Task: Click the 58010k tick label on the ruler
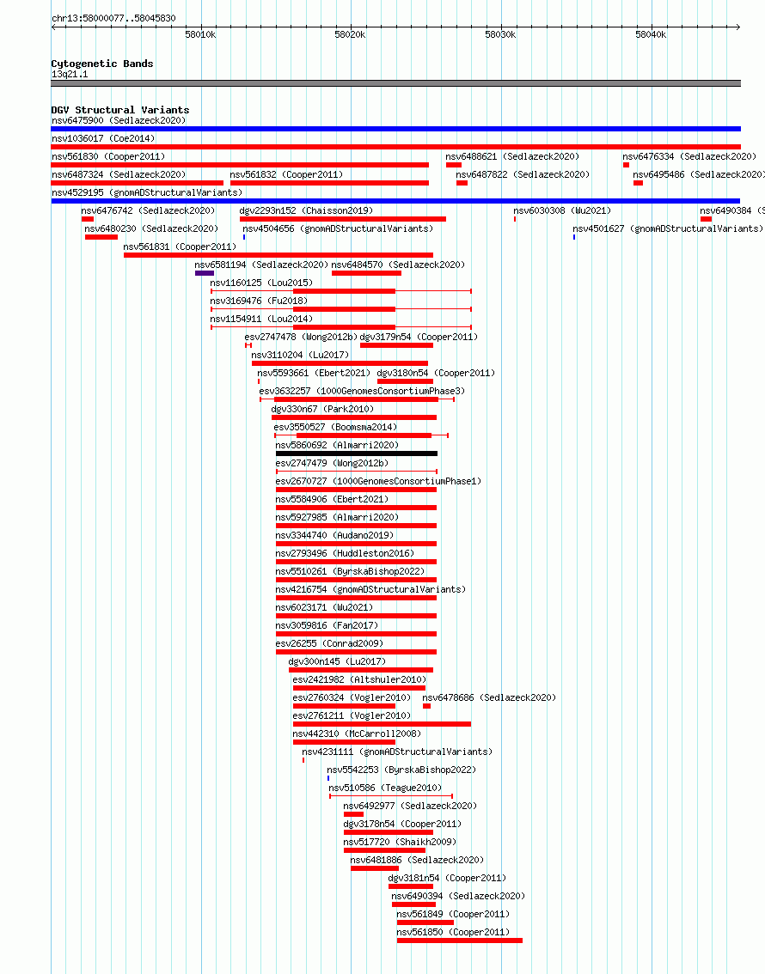pos(200,34)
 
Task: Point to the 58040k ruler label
pos(651,34)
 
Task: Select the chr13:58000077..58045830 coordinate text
pos(113,19)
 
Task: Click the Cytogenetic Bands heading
pos(102,64)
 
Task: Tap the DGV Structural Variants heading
pos(120,110)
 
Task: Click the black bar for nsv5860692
pos(357,454)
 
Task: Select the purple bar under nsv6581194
pos(205,273)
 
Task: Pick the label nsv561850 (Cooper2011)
pos(453,932)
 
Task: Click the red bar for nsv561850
pos(460,941)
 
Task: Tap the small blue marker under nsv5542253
pos(328,778)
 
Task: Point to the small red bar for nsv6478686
pos(426,706)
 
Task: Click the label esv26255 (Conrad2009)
pos(329,643)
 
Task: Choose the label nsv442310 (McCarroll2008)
pos(357,734)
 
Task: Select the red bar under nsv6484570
pos(367,273)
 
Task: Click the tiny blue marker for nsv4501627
pos(574,237)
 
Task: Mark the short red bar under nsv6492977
pos(353,814)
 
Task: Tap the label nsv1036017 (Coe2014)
pos(103,138)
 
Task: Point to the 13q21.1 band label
pos(70,75)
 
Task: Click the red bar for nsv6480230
pos(101,237)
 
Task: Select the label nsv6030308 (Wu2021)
pos(562,210)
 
